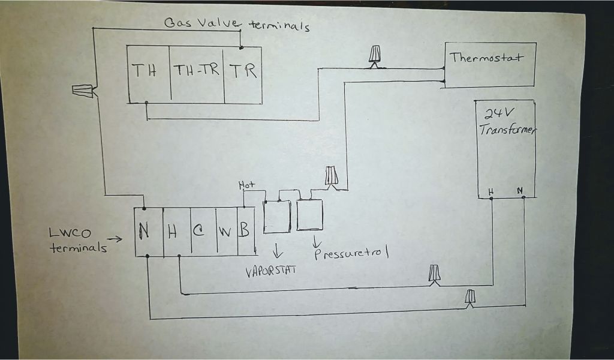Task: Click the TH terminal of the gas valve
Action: (145, 71)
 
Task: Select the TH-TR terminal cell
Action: (196, 71)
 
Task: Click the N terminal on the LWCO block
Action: (145, 232)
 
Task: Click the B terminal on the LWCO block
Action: (244, 231)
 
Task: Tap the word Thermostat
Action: (486, 58)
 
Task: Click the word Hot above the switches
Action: (246, 185)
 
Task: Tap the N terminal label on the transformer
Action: (519, 191)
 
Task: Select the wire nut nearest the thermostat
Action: (375, 55)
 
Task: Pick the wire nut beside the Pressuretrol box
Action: (332, 176)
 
